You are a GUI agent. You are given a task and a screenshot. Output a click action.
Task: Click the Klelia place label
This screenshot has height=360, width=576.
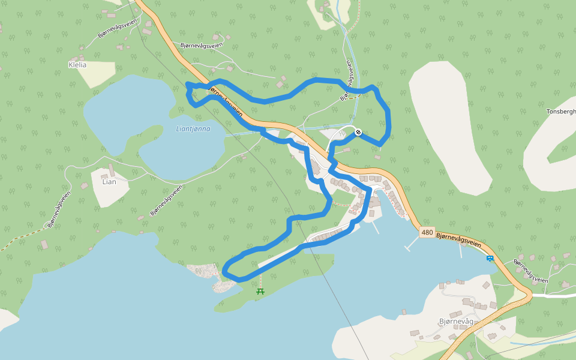78,64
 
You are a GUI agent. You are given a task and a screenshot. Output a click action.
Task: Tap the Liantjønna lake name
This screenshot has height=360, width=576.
193,128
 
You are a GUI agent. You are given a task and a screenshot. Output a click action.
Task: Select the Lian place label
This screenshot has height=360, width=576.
109,181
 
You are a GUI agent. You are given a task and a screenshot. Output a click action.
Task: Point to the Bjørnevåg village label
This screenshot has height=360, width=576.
456,322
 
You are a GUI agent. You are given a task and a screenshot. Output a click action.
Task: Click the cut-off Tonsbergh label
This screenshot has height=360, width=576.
561,112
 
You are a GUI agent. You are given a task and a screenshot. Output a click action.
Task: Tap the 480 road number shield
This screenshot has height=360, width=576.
427,232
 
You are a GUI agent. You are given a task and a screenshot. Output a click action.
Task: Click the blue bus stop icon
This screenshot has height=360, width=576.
490,259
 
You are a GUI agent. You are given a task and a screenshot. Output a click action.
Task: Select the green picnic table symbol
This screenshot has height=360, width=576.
260,291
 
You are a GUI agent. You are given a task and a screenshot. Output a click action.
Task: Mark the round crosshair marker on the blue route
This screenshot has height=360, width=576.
358,132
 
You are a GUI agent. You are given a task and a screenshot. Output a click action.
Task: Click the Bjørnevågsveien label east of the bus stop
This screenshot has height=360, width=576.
531,271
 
